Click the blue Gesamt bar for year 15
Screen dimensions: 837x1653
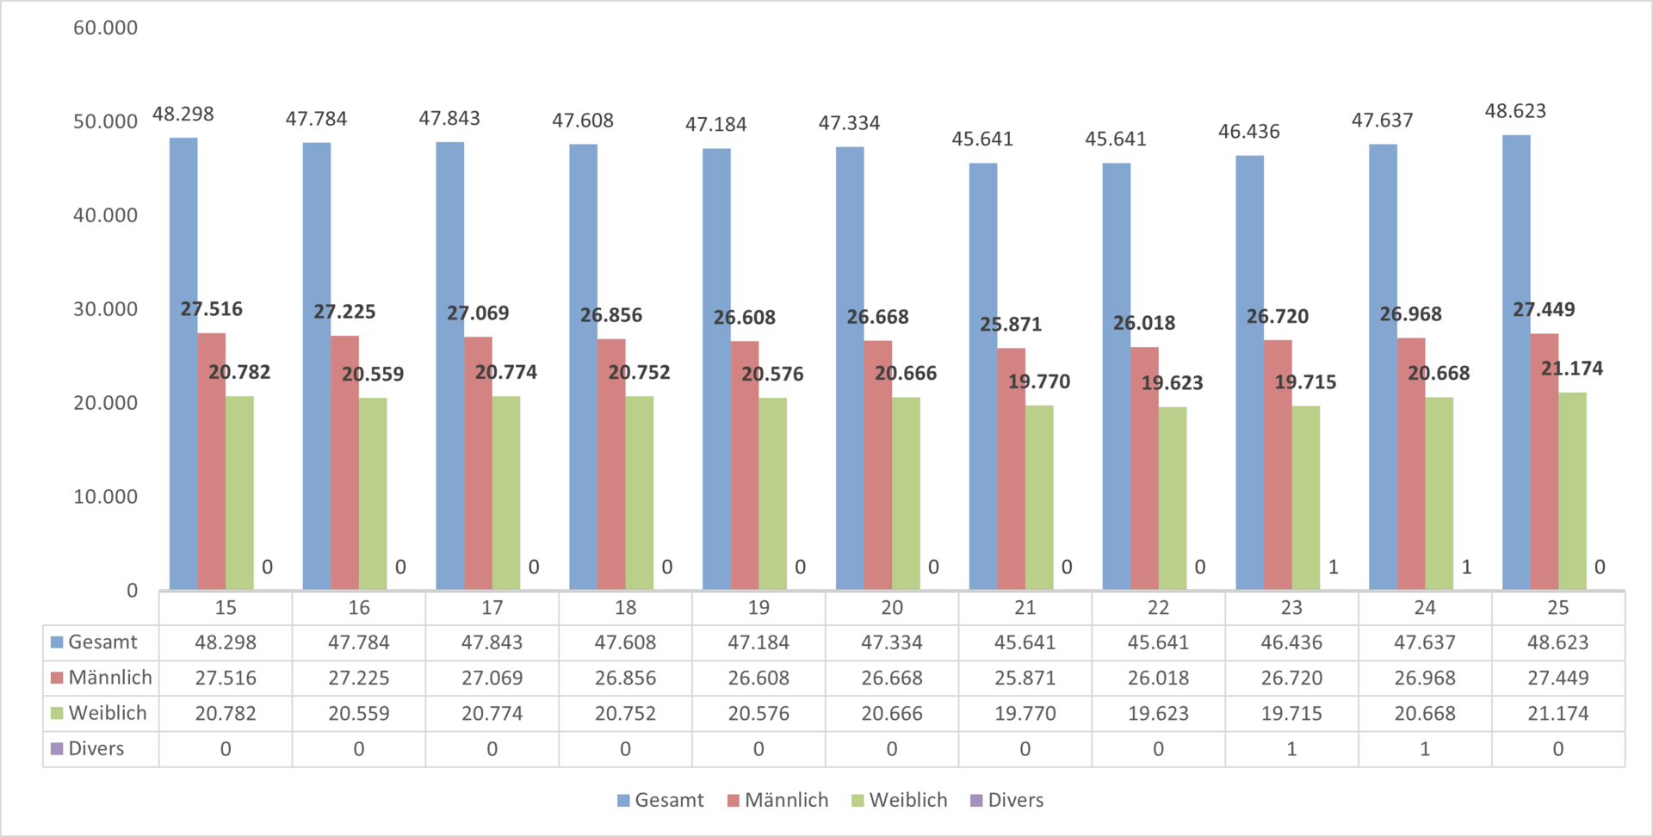[183, 362]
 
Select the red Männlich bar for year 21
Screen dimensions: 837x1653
[1011, 469]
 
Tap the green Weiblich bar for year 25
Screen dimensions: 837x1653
[1572, 491]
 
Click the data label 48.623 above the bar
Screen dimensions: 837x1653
[1515, 111]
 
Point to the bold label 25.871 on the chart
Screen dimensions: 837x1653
[1011, 325]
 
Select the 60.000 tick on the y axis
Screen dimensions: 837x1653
[105, 28]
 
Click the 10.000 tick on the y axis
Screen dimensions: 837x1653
[105, 497]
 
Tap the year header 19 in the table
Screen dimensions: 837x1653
[758, 608]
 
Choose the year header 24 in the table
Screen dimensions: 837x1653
[1425, 608]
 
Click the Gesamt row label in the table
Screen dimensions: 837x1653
[102, 642]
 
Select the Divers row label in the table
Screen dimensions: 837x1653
[96, 749]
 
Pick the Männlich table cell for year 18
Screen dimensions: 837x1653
[625, 679]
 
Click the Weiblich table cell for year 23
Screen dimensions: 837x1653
[1291, 714]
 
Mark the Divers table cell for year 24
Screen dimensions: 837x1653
[1425, 749]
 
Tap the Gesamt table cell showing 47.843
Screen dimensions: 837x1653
[492, 642]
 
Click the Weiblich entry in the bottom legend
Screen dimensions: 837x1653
[907, 800]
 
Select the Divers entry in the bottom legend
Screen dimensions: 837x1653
[1015, 800]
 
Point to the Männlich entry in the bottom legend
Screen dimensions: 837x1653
[785, 800]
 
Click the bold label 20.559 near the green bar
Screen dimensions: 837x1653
[373, 375]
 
